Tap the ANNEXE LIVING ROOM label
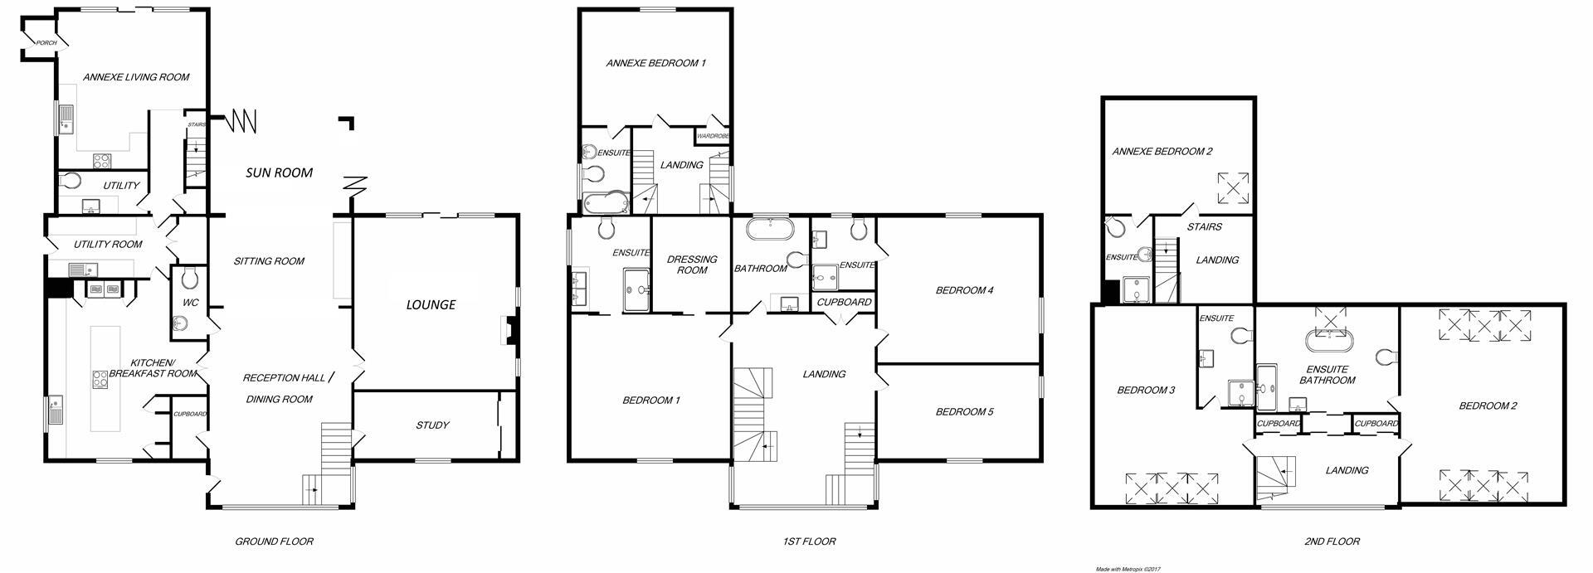pos(136,77)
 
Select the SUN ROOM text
pos(279,172)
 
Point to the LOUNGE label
pos(431,304)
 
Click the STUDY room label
pos(432,425)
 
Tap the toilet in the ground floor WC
pos(189,276)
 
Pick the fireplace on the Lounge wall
pos(509,330)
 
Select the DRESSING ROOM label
pos(692,265)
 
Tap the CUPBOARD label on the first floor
pos(845,302)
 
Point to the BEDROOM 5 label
pos(964,412)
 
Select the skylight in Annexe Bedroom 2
pos(1233,187)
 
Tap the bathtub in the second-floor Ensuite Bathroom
pos(1329,341)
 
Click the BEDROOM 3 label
pos(1146,390)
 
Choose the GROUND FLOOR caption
pos(274,541)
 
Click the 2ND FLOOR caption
pos(1332,541)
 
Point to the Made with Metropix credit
pos(1128,569)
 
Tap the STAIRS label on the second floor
pos(1204,226)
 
